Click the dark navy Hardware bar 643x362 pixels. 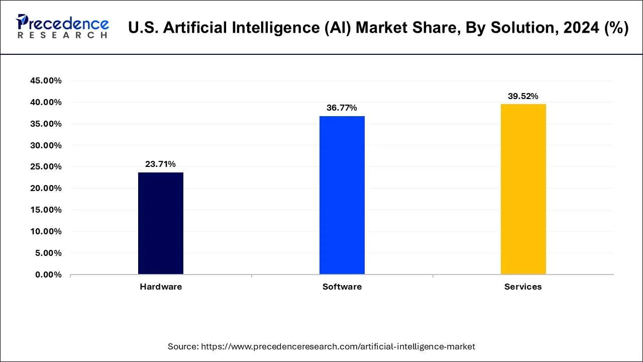pos(161,223)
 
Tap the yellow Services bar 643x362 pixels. pos(523,189)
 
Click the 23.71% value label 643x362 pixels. pos(161,164)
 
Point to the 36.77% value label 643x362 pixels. pos(342,108)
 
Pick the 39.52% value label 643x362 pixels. pos(523,96)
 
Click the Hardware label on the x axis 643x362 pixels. pos(161,287)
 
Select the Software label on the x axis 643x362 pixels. pos(342,287)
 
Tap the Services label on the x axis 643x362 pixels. pos(523,287)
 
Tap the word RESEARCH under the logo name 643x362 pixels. pos(62,35)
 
